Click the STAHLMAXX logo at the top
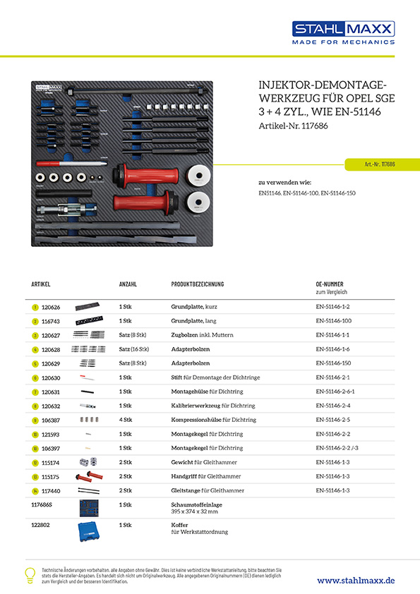pyautogui.click(x=343, y=29)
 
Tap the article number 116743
pyautogui.click(x=52, y=321)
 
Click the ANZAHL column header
pyautogui.click(x=128, y=284)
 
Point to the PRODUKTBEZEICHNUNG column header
pyautogui.click(x=198, y=284)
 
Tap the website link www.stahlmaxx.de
pyautogui.click(x=356, y=580)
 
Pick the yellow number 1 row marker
pyautogui.click(x=35, y=308)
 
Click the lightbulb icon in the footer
pyautogui.click(x=30, y=574)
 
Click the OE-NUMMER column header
pyautogui.click(x=330, y=284)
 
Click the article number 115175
pyautogui.click(x=52, y=476)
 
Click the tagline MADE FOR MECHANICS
pyautogui.click(x=344, y=42)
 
